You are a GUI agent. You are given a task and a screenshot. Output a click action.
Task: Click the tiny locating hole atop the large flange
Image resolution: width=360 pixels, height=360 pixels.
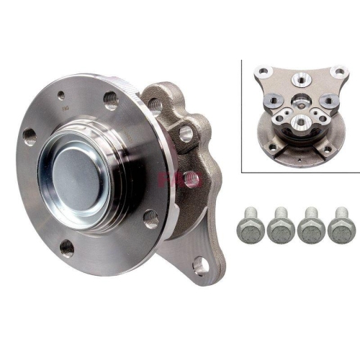coord(62,94)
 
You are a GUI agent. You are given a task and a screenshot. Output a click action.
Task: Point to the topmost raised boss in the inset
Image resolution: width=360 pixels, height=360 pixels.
coord(301,82)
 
